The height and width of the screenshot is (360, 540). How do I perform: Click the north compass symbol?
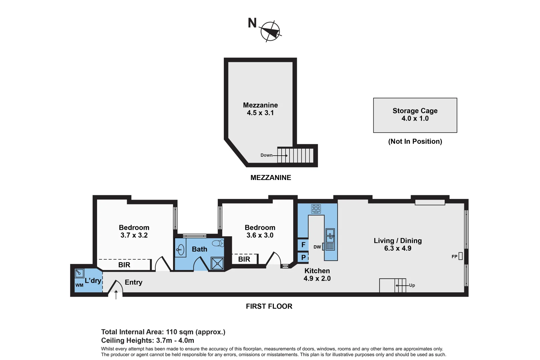[x=270, y=31]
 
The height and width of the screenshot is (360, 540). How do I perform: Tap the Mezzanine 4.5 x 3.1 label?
[x=260, y=109]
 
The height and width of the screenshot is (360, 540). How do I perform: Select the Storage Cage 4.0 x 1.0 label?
[x=415, y=114]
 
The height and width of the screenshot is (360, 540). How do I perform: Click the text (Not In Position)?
[x=415, y=141]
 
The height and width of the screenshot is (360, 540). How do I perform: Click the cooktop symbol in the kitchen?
[x=316, y=209]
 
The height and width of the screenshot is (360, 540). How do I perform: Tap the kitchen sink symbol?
[x=330, y=235]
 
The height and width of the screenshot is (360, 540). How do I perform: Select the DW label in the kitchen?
[x=317, y=247]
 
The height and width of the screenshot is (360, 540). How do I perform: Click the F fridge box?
[x=303, y=245]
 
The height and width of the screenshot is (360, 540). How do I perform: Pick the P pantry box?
[x=303, y=257]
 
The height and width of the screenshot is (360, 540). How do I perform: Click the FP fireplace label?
[x=454, y=256]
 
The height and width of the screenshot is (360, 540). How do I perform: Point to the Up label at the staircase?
[x=412, y=285]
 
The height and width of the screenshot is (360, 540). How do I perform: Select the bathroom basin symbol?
[x=180, y=249]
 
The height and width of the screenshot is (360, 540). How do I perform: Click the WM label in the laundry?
[x=79, y=285]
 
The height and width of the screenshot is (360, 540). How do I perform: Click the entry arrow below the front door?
[x=116, y=295]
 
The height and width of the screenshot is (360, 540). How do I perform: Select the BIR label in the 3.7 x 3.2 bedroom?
[x=124, y=265]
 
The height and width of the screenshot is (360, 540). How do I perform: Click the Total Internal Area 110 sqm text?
[x=163, y=332]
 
